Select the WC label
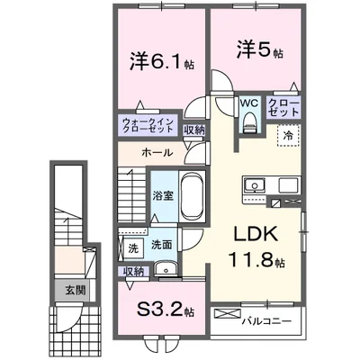click(248, 103)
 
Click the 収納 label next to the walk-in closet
click(194, 130)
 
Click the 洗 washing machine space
click(132, 245)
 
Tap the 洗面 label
click(162, 244)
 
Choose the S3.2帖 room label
click(160, 312)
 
